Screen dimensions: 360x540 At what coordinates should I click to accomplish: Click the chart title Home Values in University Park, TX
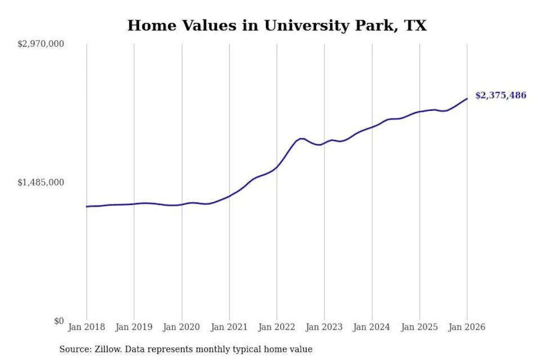(x=277, y=25)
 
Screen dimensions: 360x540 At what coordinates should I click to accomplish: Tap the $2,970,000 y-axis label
(x=42, y=44)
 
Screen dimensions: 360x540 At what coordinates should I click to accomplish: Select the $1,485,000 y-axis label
(x=42, y=182)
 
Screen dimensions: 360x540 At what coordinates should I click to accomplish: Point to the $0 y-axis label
(x=58, y=321)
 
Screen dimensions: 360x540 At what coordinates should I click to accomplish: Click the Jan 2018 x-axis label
(x=86, y=327)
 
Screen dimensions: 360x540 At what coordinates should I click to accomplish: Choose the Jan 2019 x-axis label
(x=134, y=327)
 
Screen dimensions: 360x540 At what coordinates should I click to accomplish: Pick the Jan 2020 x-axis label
(x=181, y=327)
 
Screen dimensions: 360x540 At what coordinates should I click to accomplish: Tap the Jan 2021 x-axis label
(x=229, y=327)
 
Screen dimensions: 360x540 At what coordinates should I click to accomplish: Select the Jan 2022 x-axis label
(x=276, y=327)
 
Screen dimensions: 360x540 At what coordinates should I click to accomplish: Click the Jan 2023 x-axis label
(x=324, y=327)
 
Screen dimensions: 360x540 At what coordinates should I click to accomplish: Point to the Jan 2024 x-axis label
(x=371, y=327)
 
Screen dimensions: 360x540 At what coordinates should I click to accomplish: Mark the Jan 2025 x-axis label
(x=419, y=327)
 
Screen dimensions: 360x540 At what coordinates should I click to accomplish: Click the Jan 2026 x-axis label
(x=466, y=327)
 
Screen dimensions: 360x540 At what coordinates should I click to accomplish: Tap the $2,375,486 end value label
(x=501, y=96)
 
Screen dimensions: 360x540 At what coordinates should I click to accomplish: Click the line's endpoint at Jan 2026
(x=467, y=99)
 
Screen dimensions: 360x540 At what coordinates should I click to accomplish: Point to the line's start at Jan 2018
(x=87, y=206)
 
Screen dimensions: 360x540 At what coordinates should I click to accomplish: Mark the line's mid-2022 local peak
(x=302, y=138)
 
